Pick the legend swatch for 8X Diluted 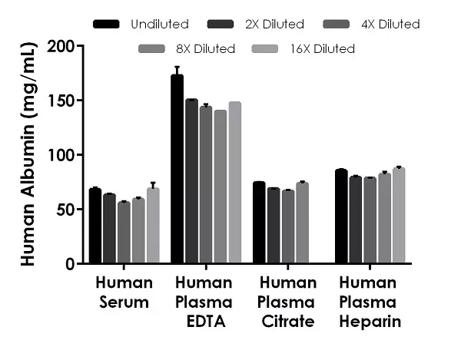click(x=152, y=49)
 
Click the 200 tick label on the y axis click(x=62, y=46)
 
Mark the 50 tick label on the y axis click(x=67, y=210)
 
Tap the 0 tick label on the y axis click(x=71, y=264)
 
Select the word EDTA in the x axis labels click(x=206, y=322)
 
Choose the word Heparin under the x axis click(x=370, y=322)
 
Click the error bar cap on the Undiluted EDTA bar click(x=177, y=68)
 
